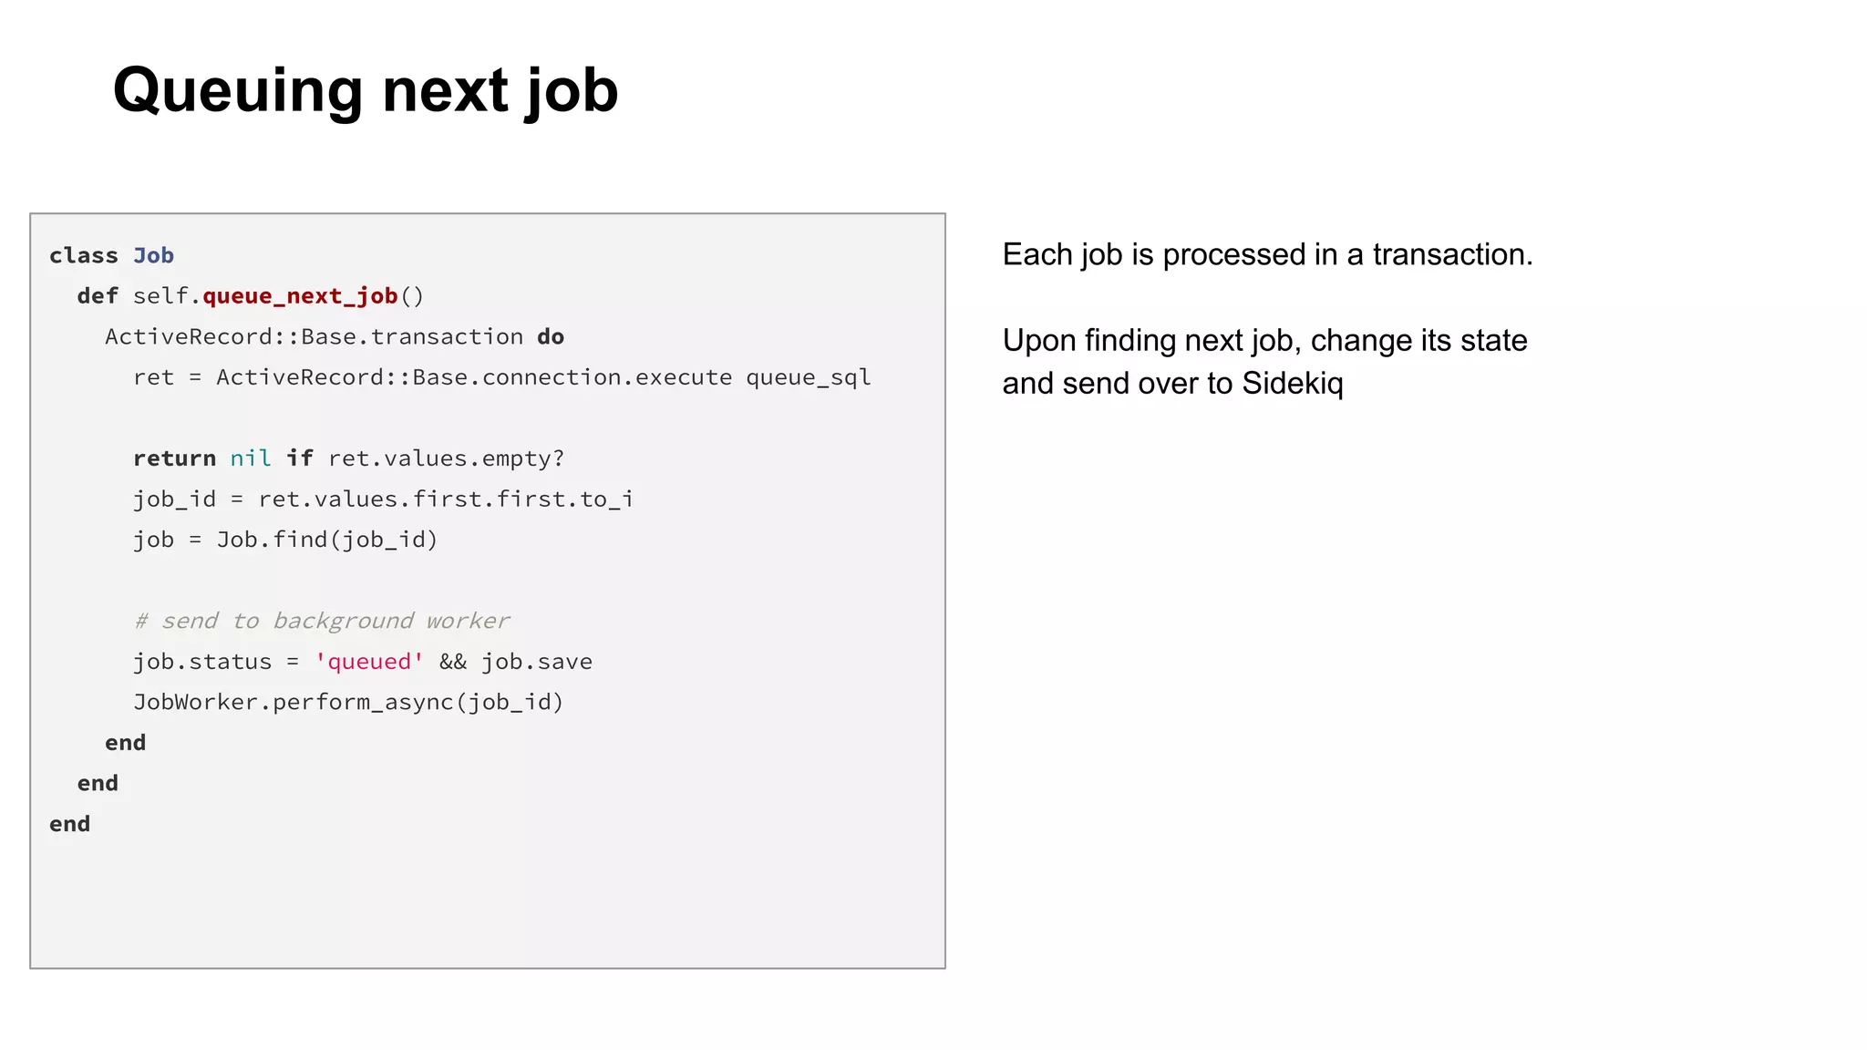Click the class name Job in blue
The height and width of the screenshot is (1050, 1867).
pos(153,256)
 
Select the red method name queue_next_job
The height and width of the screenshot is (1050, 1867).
pos(300,296)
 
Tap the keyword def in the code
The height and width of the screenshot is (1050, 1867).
pos(98,296)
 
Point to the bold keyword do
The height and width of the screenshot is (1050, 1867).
pos(551,337)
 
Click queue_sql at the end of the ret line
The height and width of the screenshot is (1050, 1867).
pos(808,377)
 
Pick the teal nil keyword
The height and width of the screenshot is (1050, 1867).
pos(251,458)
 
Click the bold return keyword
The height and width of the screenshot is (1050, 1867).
pos(174,458)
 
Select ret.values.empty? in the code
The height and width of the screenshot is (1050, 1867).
pos(446,458)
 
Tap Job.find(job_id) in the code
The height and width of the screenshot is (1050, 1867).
pos(327,540)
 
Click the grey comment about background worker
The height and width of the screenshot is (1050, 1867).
pos(322,621)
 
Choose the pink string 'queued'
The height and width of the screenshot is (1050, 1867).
pos(369,662)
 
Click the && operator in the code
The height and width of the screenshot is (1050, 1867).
pos(453,662)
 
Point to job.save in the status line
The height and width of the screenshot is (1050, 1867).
pos(537,662)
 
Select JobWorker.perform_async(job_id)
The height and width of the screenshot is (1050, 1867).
pos(348,702)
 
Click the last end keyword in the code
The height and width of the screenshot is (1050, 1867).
pos(70,824)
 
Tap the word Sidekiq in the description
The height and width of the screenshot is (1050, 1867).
pos(1292,384)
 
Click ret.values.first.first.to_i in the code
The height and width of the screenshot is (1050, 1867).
pos(446,499)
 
